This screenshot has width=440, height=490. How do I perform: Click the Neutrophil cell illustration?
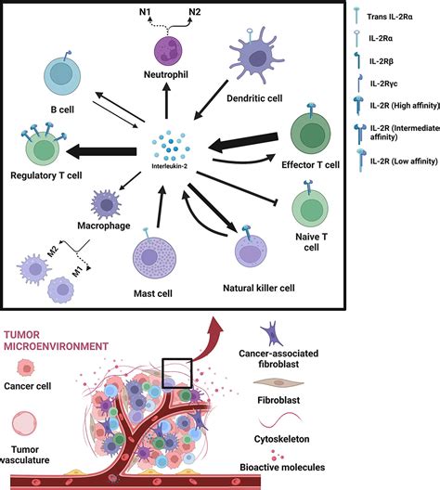point(167,48)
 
